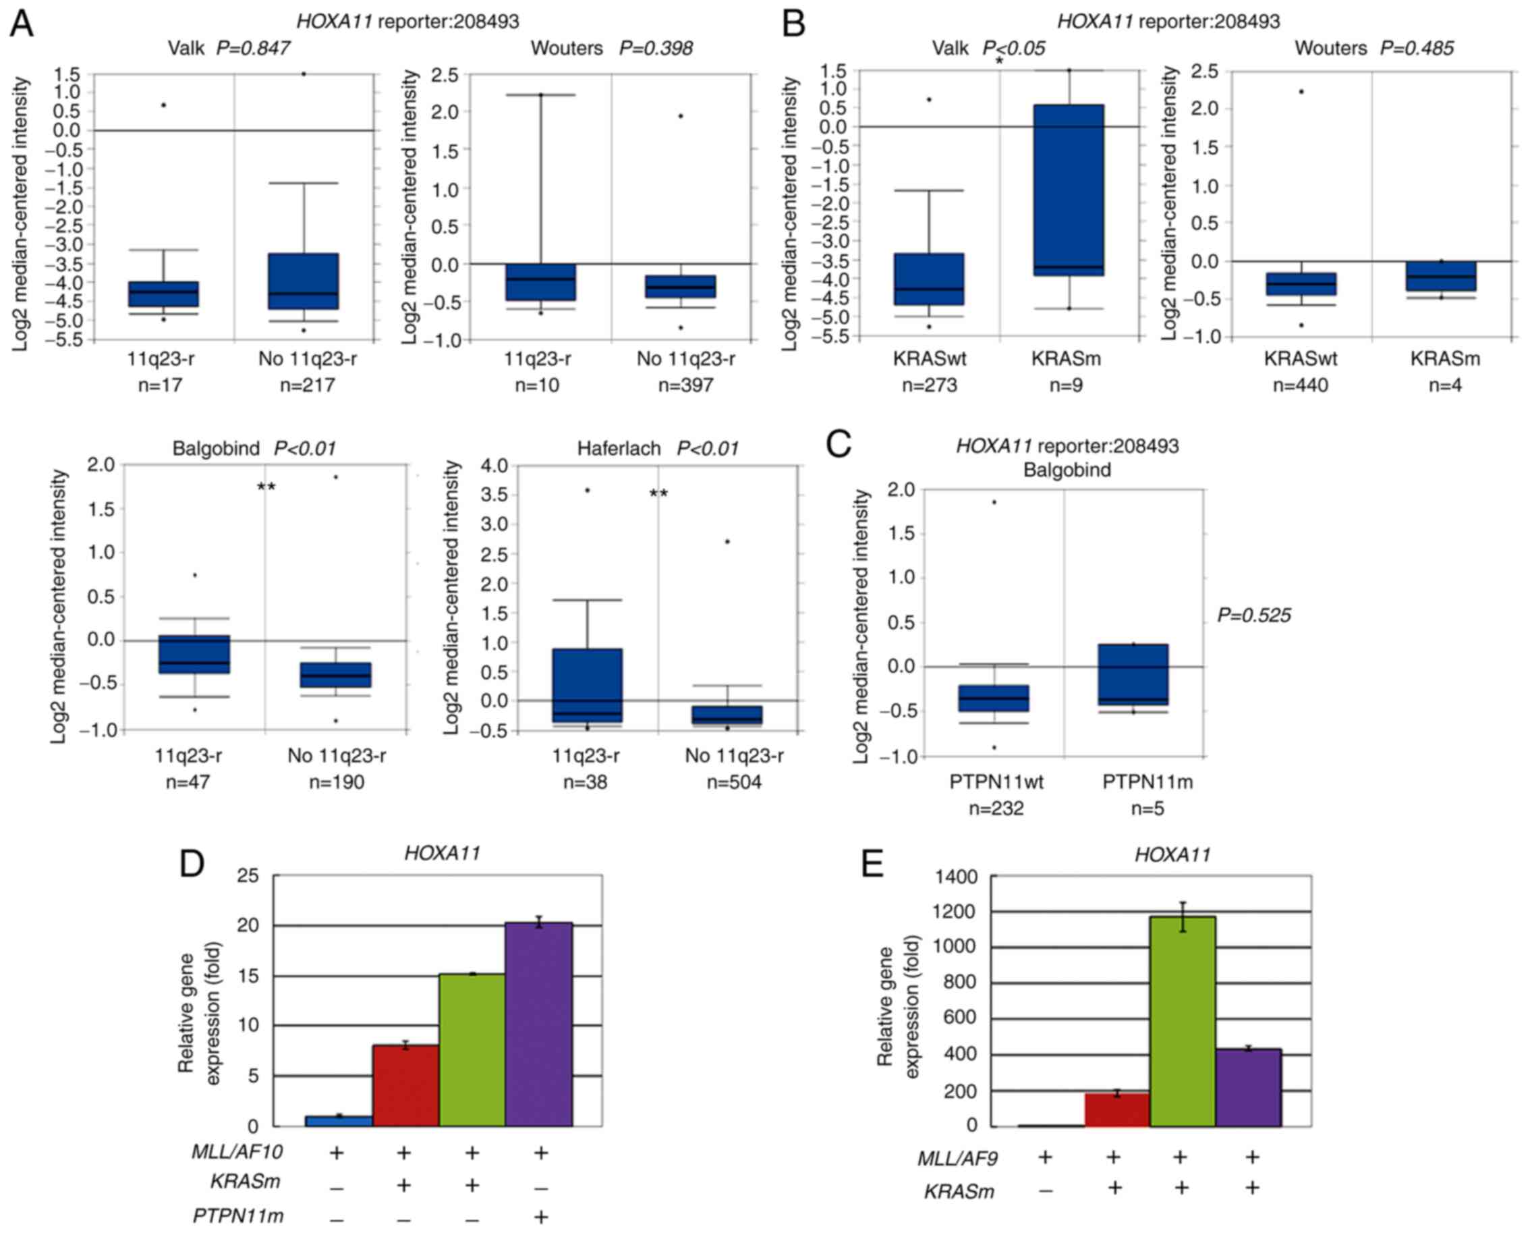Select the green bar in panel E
[x=1182, y=1020]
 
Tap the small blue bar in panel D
[x=339, y=1121]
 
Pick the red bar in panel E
[x=1116, y=1109]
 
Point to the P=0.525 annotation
[x=1254, y=615]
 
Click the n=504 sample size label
[x=734, y=783]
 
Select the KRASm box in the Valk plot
[x=1069, y=190]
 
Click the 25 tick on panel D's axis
[x=248, y=875]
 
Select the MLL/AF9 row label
[x=957, y=1158]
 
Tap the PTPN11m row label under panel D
[x=238, y=1216]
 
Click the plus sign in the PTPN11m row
[x=540, y=1217]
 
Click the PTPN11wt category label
[x=996, y=782]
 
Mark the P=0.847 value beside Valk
[x=253, y=49]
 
